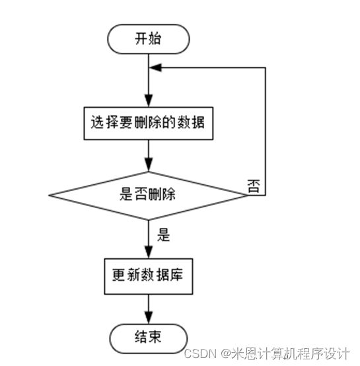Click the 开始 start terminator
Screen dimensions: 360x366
(x=149, y=39)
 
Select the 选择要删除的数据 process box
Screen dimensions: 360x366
(x=149, y=124)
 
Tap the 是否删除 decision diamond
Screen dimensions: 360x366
(x=149, y=196)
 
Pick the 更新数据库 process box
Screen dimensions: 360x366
(x=149, y=276)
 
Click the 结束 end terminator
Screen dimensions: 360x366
(x=149, y=338)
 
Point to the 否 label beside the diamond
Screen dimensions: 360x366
(x=254, y=186)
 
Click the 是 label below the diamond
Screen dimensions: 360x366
(x=163, y=235)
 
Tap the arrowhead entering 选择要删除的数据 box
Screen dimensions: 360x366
(x=149, y=101)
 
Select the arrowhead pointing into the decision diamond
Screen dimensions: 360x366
(x=149, y=165)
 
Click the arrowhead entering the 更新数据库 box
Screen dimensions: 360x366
(x=149, y=252)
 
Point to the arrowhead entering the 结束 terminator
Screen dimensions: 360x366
(x=149, y=318)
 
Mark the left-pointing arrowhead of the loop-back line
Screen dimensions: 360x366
(x=155, y=67)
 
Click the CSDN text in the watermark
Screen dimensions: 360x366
(x=200, y=353)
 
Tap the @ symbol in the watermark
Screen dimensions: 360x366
(x=226, y=354)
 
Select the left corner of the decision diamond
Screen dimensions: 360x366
(x=49, y=196)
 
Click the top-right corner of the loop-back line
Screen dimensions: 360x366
(x=266, y=67)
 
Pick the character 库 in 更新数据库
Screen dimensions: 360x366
(x=176, y=275)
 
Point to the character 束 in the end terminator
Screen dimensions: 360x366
(x=155, y=337)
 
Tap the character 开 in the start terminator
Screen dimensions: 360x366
(x=141, y=38)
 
